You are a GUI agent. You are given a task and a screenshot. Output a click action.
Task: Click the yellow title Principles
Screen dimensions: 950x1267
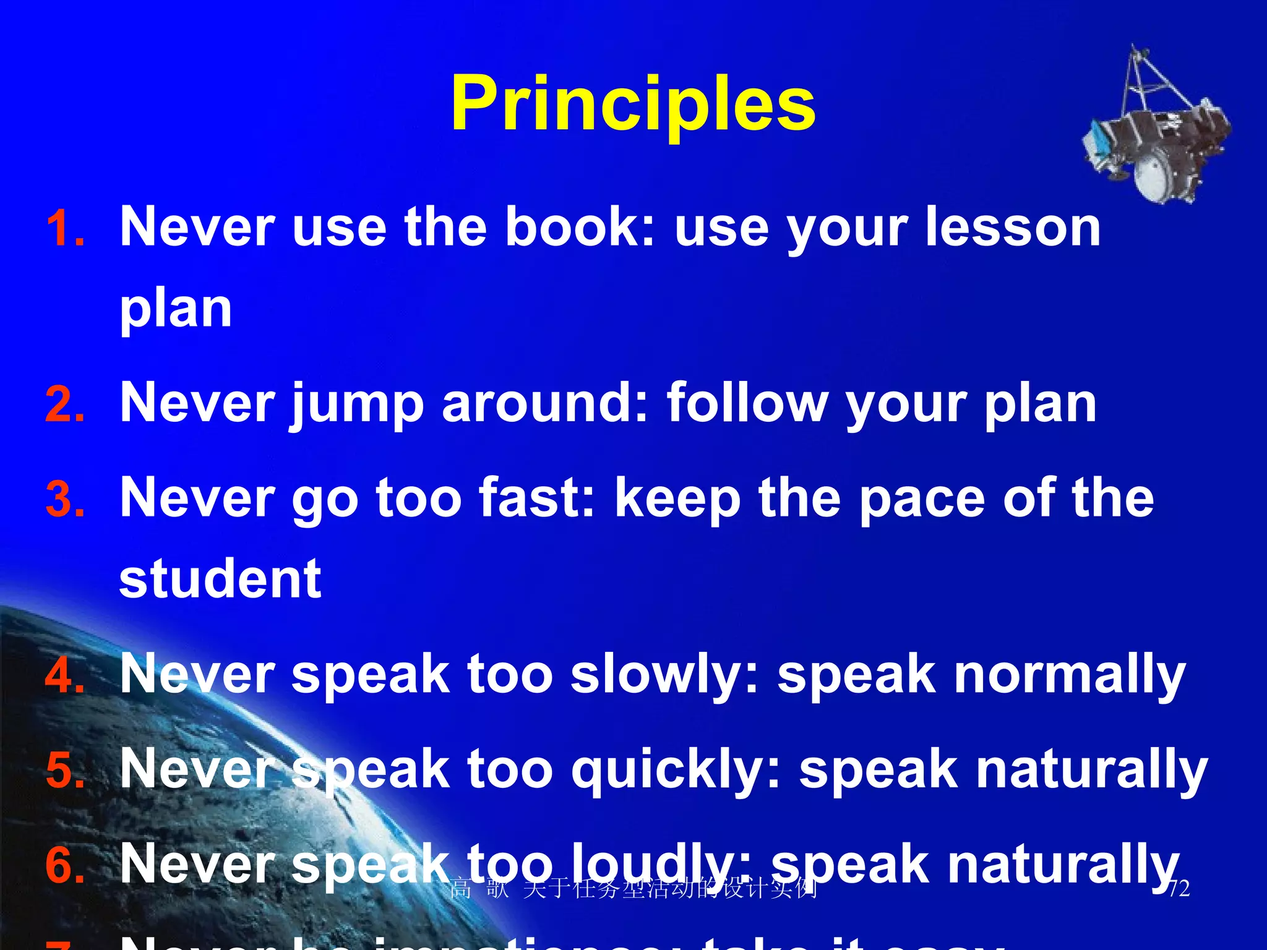point(633,104)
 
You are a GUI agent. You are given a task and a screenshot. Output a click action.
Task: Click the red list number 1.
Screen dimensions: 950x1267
point(65,229)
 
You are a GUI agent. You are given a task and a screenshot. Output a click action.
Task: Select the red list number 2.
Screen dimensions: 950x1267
point(65,405)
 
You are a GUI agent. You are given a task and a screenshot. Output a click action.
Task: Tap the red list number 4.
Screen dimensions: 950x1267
point(65,675)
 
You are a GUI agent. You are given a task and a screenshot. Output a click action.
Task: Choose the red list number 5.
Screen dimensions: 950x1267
point(65,771)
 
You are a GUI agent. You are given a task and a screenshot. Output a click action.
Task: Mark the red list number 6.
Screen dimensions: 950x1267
point(65,865)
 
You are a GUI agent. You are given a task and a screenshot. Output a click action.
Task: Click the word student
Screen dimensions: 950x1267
point(220,579)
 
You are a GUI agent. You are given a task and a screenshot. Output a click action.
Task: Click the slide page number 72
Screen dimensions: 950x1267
point(1178,889)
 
